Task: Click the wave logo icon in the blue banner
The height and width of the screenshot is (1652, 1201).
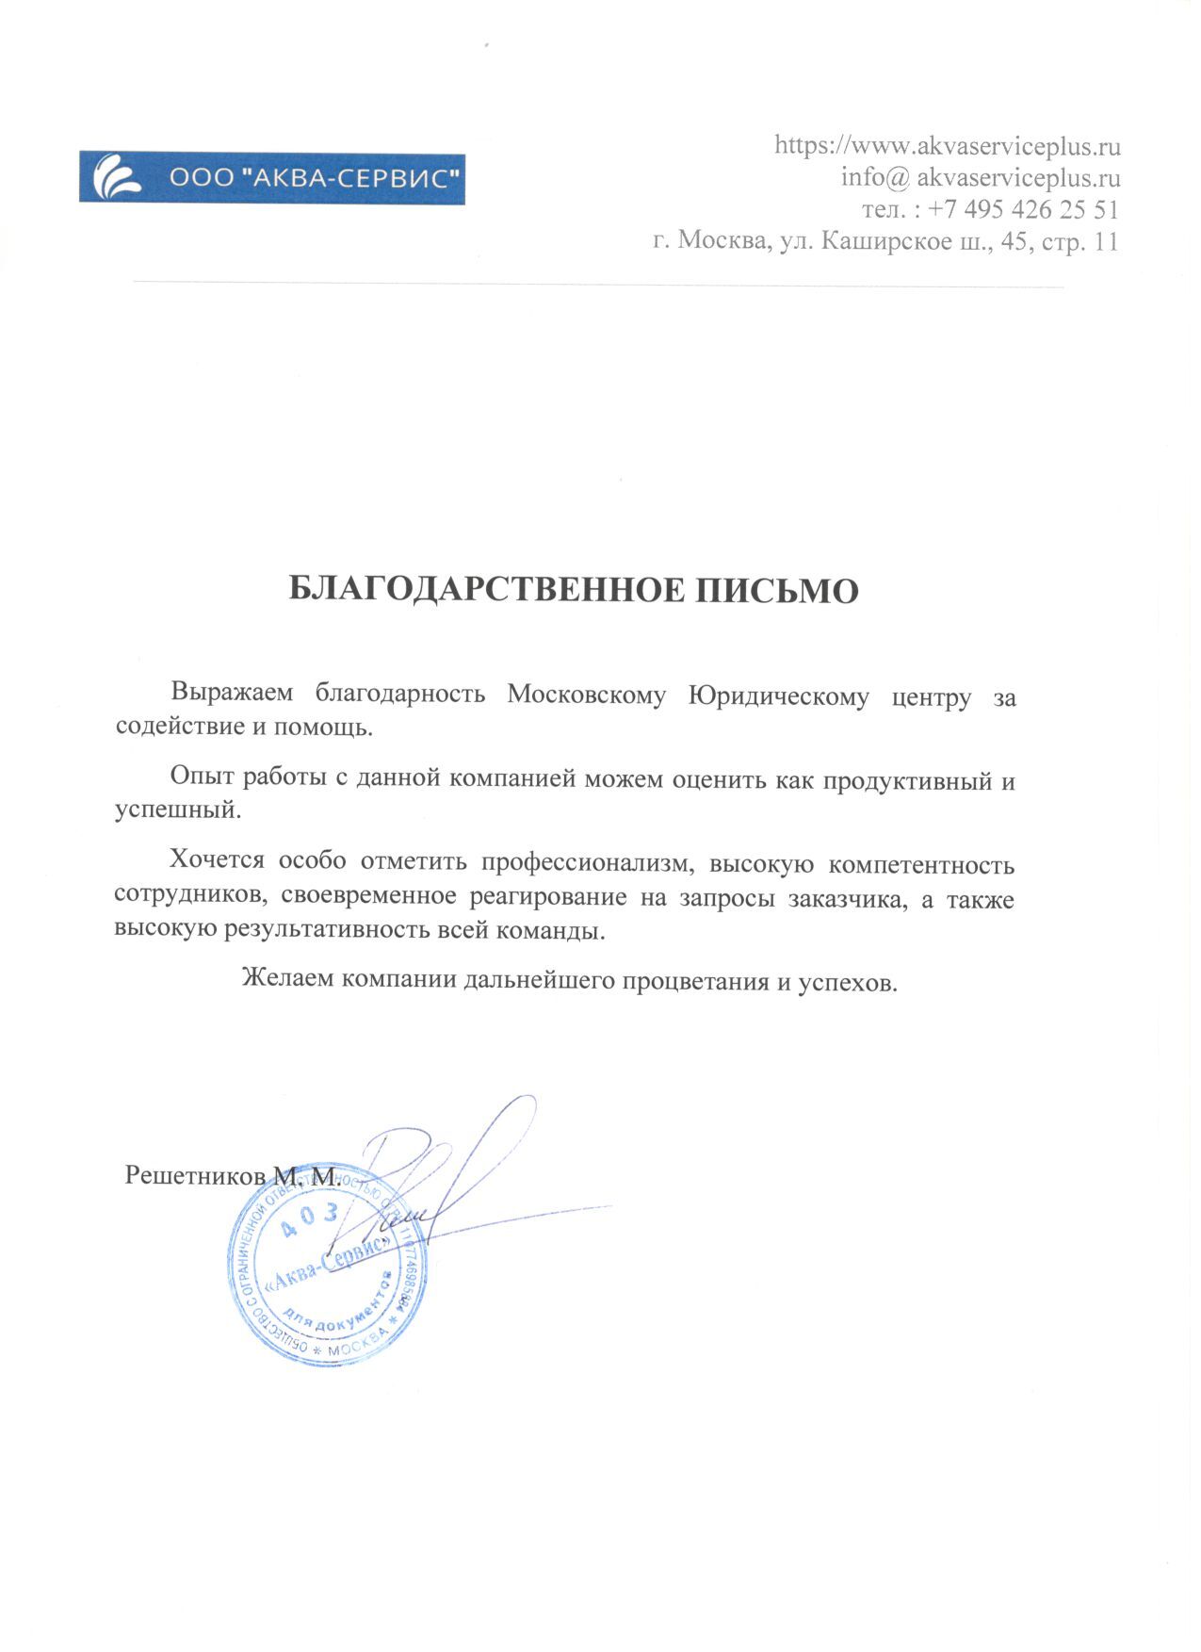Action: pyautogui.click(x=120, y=177)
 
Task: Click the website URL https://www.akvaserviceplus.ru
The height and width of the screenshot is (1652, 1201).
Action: pyautogui.click(x=947, y=146)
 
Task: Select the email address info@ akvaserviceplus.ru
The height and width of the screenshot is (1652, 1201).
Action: pyautogui.click(x=980, y=177)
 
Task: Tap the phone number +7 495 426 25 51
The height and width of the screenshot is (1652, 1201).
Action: pyautogui.click(x=1023, y=208)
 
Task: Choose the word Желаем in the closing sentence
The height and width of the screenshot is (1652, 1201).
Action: pyautogui.click(x=287, y=980)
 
